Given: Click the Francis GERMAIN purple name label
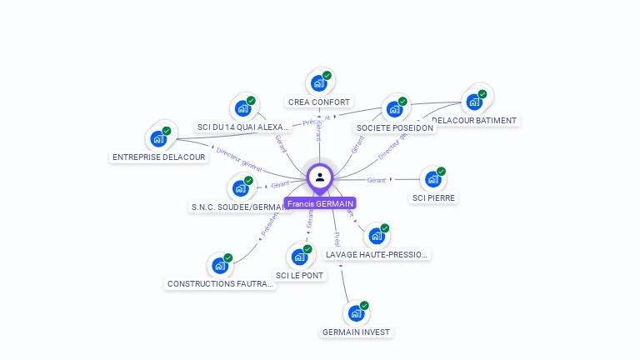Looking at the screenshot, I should (320, 203).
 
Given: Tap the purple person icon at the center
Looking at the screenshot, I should (320, 177).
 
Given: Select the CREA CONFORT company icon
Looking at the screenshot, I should (318, 83).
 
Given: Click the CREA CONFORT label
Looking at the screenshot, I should (319, 102).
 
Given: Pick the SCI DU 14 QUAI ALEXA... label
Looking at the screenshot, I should (242, 127).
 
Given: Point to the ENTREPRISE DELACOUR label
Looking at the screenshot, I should (158, 157).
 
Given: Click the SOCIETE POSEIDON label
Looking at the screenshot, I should (394, 128).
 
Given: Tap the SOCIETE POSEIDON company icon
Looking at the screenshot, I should (393, 109).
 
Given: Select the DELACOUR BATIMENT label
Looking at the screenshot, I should (476, 121).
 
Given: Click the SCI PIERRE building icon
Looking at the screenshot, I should (432, 179).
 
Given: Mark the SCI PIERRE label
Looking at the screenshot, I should (434, 198).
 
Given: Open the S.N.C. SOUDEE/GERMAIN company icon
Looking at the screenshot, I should (240, 188).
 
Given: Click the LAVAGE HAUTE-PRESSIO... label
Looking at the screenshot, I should (377, 254).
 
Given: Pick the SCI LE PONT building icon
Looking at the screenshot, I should (299, 257).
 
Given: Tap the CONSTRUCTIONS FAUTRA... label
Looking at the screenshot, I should (221, 284).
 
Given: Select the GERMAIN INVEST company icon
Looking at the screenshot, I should (356, 314).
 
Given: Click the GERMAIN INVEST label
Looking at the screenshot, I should (356, 332).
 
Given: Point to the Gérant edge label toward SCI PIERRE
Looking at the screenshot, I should (377, 180).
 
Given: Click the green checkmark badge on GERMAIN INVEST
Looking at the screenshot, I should (364, 306).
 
